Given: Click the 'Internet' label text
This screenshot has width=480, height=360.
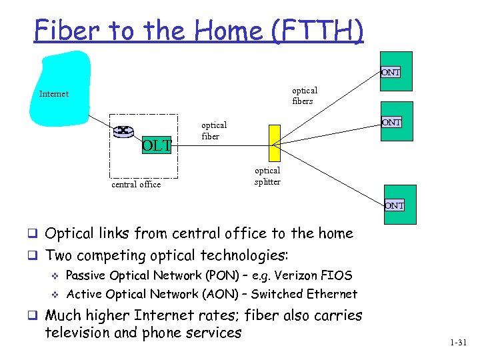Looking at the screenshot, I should pos(54,94).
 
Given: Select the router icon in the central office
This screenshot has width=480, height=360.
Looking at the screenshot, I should pos(123,131).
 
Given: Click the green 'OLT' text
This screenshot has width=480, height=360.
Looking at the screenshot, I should pos(157,145).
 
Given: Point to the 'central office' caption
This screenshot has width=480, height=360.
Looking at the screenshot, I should pos(136,185).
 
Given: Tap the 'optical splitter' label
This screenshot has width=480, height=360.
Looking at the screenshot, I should pos(267,176).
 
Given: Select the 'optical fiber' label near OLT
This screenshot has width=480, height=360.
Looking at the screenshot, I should pos(214,131).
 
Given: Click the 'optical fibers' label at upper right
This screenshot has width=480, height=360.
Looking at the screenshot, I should pos(305,95).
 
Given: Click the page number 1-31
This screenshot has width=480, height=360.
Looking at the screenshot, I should pos(459,343).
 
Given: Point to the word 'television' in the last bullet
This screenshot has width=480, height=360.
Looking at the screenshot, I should pos(75,332).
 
